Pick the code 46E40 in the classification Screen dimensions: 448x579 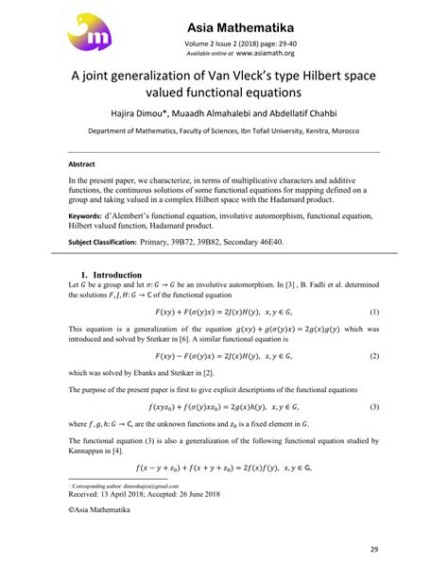pyautogui.click(x=286, y=242)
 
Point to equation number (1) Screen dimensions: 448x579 pyautogui.click(x=374, y=310)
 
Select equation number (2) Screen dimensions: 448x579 pyautogui.click(x=374, y=355)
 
